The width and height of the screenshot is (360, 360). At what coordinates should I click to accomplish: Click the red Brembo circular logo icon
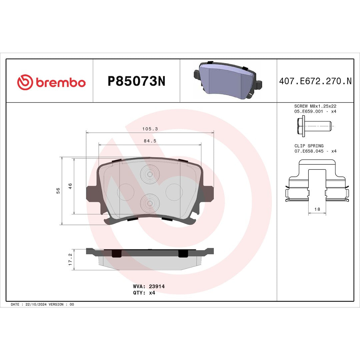click(25, 82)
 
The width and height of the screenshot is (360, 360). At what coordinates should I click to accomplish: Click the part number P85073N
click(136, 81)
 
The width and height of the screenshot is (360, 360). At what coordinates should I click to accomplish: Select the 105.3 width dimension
click(150, 129)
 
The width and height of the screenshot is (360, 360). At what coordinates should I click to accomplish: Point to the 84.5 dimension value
click(150, 141)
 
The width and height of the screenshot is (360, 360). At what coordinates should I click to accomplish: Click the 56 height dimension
click(58, 191)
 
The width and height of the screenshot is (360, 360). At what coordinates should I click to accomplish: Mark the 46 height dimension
click(70, 186)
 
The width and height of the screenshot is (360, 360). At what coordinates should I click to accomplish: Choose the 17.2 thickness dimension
click(70, 259)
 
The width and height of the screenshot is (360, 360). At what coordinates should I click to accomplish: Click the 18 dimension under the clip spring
click(317, 209)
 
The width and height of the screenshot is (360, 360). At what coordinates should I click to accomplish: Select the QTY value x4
click(152, 293)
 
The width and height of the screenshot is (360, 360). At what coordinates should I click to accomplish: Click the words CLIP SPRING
click(309, 146)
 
